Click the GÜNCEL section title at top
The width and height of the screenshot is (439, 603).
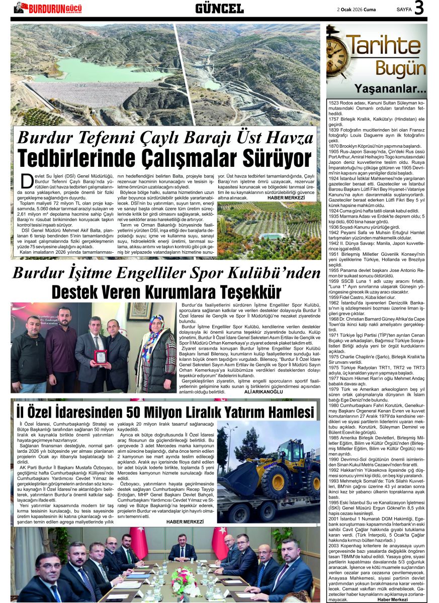coord(219,8)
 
